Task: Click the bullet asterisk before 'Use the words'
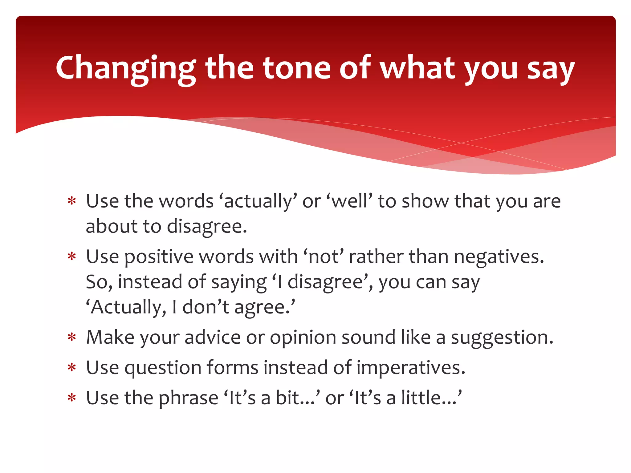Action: click(x=72, y=201)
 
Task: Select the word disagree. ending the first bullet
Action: click(x=207, y=227)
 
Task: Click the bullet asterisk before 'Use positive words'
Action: click(x=72, y=257)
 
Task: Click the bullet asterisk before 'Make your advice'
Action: click(x=72, y=338)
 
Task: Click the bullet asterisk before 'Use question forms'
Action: click(x=72, y=368)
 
